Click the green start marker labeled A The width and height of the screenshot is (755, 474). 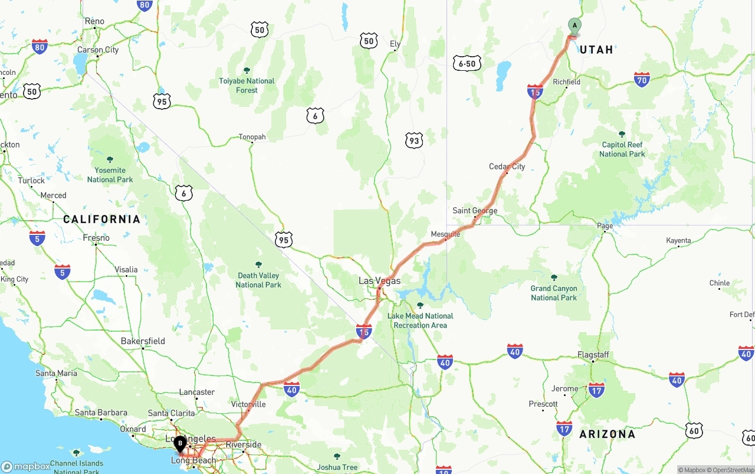(x=575, y=26)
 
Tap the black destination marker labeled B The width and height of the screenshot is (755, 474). (x=180, y=443)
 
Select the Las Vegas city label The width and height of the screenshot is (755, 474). (x=379, y=281)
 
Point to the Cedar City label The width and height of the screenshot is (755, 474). (x=507, y=166)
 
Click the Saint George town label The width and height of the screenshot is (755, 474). (x=475, y=211)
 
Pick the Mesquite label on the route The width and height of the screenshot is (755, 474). (x=445, y=234)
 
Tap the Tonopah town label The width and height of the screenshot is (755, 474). (x=252, y=137)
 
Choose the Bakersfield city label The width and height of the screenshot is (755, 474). (x=143, y=341)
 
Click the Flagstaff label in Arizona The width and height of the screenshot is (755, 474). (x=593, y=355)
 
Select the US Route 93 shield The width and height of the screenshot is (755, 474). (x=414, y=140)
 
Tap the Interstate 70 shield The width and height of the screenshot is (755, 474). (x=642, y=80)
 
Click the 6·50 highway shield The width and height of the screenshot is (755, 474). (x=467, y=64)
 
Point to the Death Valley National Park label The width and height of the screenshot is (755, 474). (x=258, y=280)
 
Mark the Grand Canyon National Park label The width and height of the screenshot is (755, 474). (x=554, y=293)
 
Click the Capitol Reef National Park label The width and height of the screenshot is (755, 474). (x=622, y=149)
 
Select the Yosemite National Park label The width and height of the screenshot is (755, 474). (x=110, y=175)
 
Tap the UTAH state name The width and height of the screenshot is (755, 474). (x=596, y=50)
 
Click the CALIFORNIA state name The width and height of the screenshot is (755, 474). (x=102, y=220)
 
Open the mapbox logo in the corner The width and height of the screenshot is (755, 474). (x=27, y=466)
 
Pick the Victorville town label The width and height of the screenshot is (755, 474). (x=248, y=404)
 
